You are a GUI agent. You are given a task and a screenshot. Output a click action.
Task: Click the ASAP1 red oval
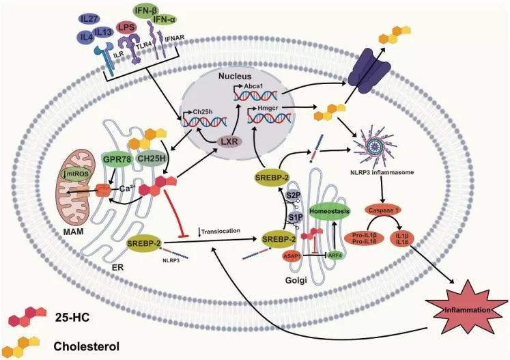294,256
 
